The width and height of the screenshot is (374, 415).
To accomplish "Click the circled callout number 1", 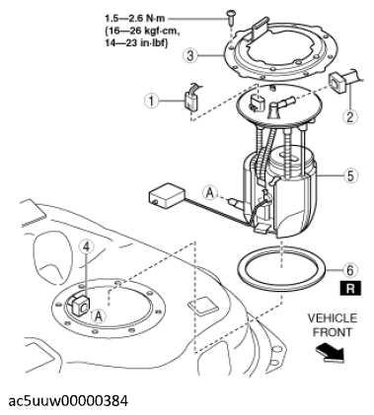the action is click(152, 101).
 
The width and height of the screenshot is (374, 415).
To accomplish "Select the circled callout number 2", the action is click(349, 116).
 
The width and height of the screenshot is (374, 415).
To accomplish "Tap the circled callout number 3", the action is click(190, 55).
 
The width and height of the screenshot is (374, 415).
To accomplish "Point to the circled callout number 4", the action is click(86, 245).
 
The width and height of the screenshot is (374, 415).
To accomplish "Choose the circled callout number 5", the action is click(350, 175).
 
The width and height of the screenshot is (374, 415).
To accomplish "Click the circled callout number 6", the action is click(350, 270).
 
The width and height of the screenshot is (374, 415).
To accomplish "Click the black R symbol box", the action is click(350, 288).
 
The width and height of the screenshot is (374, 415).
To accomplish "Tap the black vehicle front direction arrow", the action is click(330, 353).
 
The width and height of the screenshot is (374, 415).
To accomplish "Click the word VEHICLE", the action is click(333, 318).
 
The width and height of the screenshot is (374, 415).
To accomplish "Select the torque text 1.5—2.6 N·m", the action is click(135, 18).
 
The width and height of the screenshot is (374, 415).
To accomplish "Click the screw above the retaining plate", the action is click(231, 17).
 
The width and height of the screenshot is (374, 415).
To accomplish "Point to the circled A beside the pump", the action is click(210, 193).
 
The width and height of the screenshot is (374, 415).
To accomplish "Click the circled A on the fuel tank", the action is click(99, 316).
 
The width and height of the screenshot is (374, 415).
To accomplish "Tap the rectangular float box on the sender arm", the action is click(167, 195).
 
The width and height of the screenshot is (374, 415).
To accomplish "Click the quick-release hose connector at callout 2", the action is click(343, 81).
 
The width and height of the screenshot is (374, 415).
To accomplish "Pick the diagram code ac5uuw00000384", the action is click(68, 401).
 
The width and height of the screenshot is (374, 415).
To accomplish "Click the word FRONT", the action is click(333, 332).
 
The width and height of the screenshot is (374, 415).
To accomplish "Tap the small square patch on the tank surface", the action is click(202, 306).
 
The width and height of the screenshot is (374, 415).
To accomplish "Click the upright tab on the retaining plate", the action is click(262, 29).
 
